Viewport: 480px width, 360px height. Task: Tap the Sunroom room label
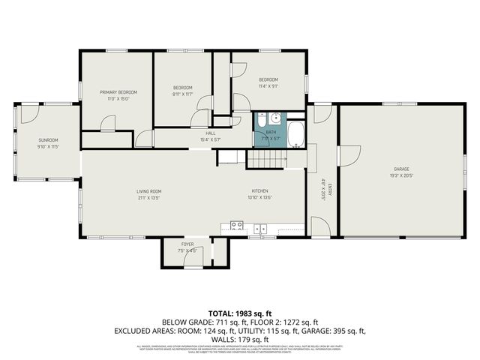click(x=48, y=140)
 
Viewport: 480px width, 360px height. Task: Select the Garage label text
click(x=402, y=169)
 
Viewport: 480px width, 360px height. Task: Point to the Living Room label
click(x=148, y=191)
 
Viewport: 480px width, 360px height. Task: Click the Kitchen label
click(x=259, y=191)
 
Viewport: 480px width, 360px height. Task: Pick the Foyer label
click(x=187, y=244)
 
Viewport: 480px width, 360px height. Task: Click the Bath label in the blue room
click(x=271, y=131)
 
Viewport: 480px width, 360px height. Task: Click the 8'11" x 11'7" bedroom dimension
click(x=183, y=94)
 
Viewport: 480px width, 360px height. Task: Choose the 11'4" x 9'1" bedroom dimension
click(x=268, y=85)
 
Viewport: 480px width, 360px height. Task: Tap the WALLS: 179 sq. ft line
click(x=239, y=339)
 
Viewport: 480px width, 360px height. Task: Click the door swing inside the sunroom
click(x=28, y=115)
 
